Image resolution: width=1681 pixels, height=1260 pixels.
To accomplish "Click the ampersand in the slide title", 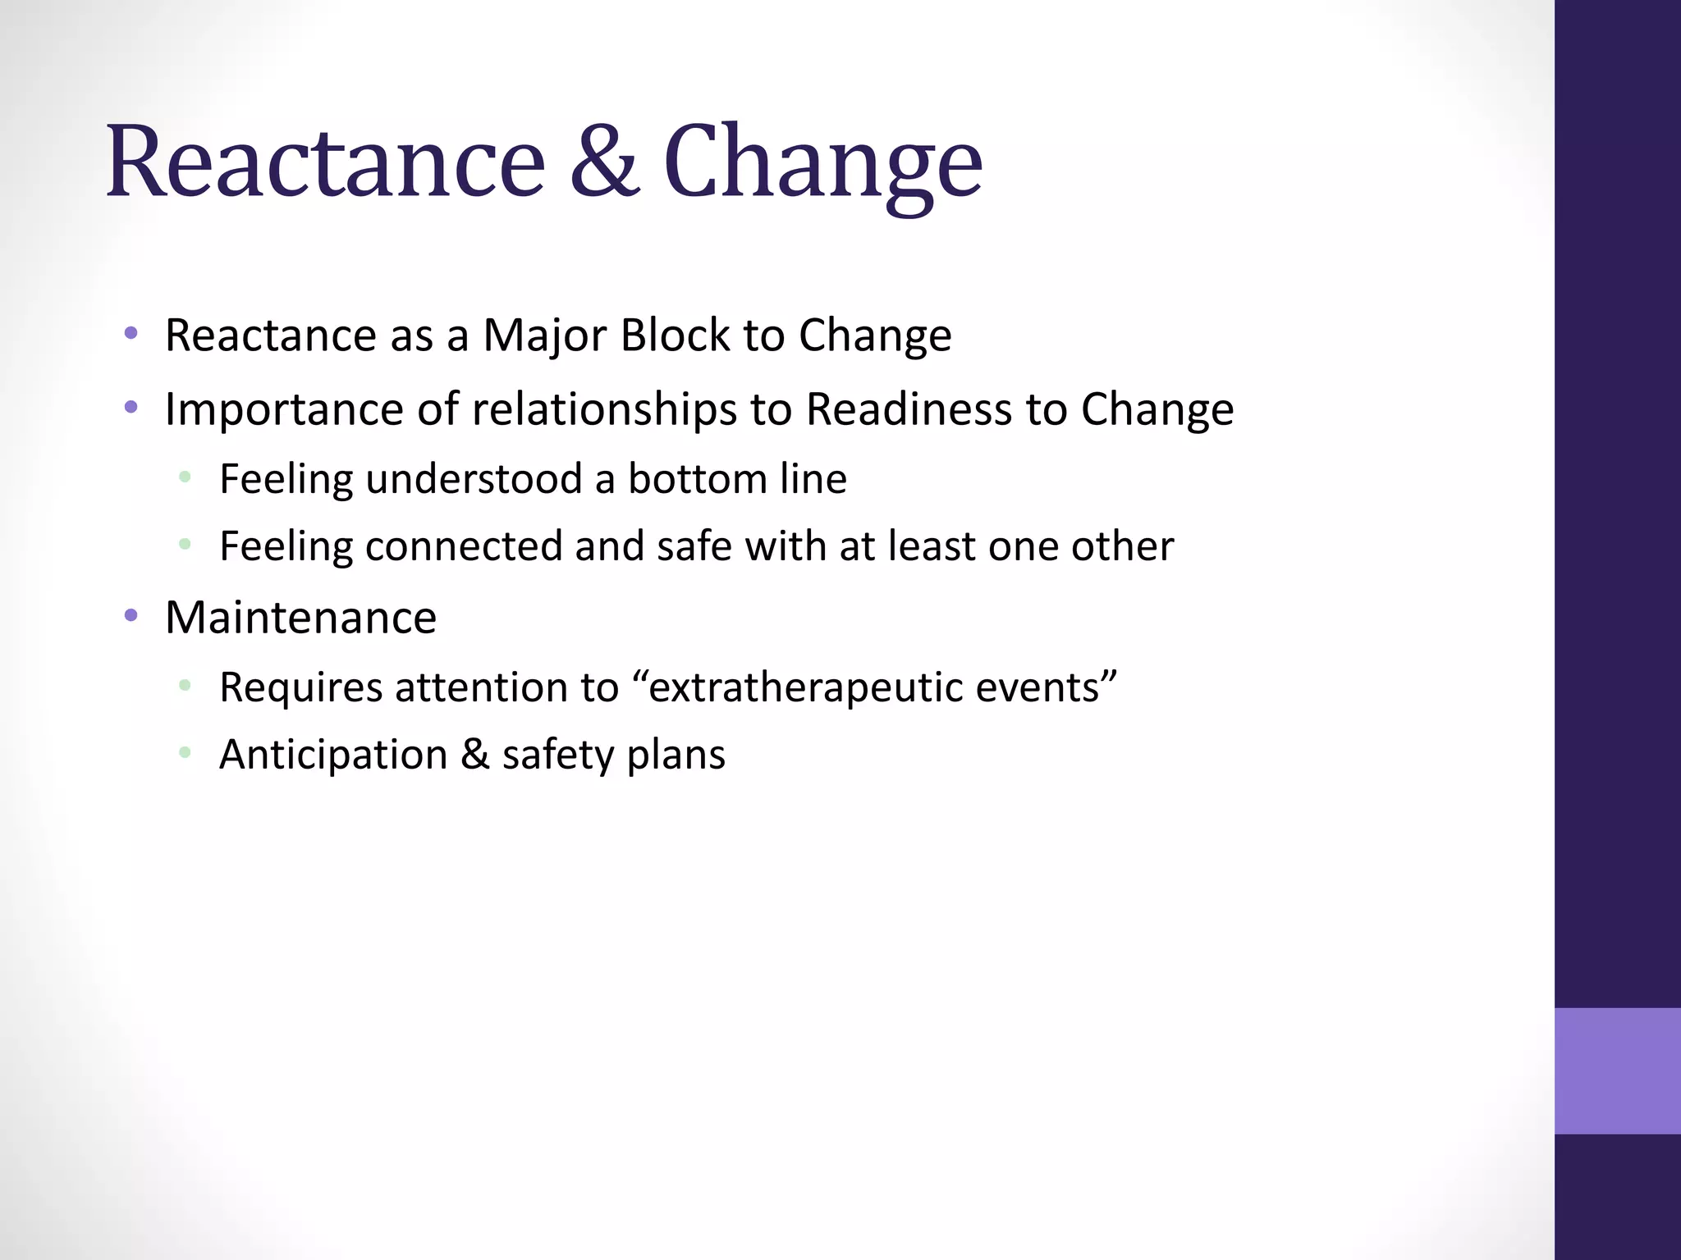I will (604, 162).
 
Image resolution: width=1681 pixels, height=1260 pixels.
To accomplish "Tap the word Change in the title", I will (822, 164).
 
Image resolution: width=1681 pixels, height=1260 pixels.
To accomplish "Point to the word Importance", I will (284, 409).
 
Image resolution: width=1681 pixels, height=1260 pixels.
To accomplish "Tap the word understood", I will (474, 479).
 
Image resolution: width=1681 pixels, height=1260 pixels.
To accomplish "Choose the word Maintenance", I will (300, 618).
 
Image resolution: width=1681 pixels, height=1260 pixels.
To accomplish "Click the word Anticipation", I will (333, 755).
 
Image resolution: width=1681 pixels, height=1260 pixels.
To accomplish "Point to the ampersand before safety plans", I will (474, 755).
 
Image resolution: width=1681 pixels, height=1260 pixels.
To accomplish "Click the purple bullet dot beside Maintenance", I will (131, 615).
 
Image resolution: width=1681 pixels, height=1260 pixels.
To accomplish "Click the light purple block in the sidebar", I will (1617, 1071).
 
